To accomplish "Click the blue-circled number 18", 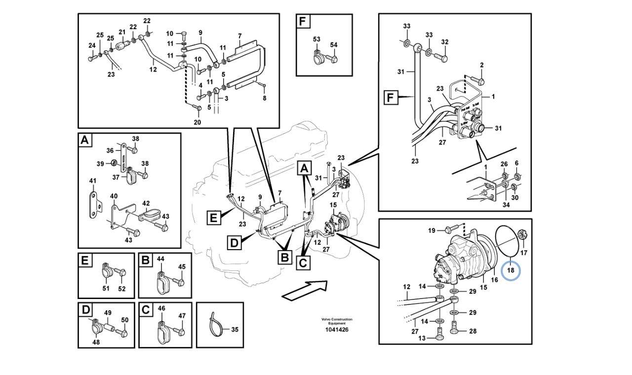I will (511, 270).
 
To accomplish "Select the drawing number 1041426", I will (337, 330).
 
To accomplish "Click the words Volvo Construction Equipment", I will (337, 321).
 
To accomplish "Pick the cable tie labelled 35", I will (215, 326).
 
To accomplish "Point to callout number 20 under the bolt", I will (197, 122).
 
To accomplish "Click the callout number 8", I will (264, 98).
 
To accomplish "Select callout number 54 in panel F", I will (334, 45).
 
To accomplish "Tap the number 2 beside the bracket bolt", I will (481, 65).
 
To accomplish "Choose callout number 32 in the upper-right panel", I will (445, 42).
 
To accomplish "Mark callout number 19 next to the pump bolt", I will (431, 230).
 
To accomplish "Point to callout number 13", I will (421, 338).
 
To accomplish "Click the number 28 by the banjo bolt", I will (473, 332).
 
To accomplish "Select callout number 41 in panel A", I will (92, 182).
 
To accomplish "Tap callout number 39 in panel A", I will (100, 163).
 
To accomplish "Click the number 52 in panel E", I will (121, 289).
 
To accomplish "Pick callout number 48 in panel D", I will (95, 342).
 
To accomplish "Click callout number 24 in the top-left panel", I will (91, 45).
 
